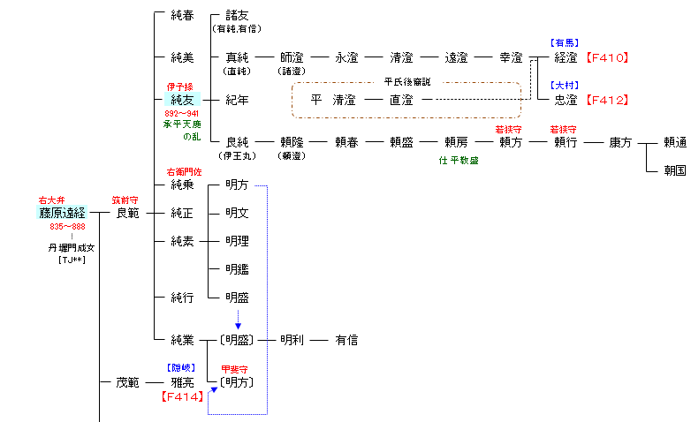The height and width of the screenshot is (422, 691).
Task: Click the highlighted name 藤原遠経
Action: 62,213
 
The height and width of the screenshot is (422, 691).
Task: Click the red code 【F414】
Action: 184,397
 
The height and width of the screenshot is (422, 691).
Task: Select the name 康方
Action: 619,142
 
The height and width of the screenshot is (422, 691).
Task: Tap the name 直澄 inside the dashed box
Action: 401,101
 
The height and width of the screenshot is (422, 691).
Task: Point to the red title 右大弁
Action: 50,200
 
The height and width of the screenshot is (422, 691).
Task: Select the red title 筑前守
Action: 124,200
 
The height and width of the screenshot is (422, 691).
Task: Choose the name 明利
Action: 292,340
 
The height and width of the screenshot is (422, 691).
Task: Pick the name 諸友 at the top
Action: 237,16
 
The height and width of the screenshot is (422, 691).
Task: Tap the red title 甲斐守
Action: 235,369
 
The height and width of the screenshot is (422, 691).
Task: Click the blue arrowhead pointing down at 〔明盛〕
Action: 238,326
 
